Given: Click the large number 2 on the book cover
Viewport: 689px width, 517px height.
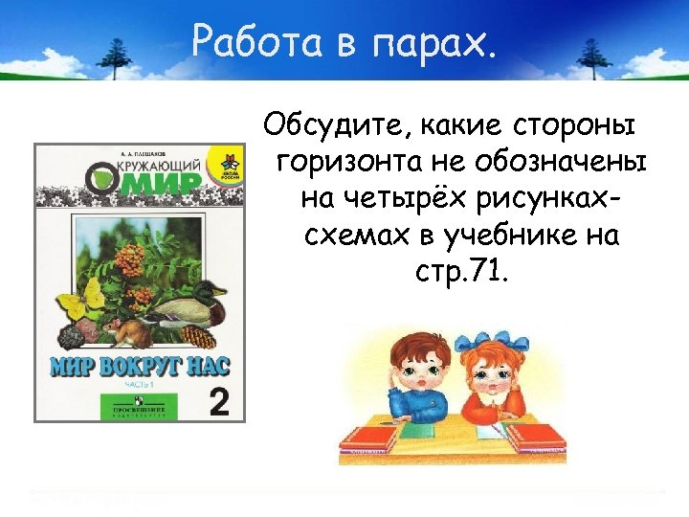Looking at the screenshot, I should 219,401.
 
